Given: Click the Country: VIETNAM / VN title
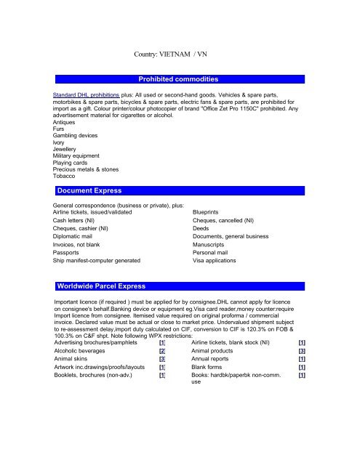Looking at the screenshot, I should click(178, 53).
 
